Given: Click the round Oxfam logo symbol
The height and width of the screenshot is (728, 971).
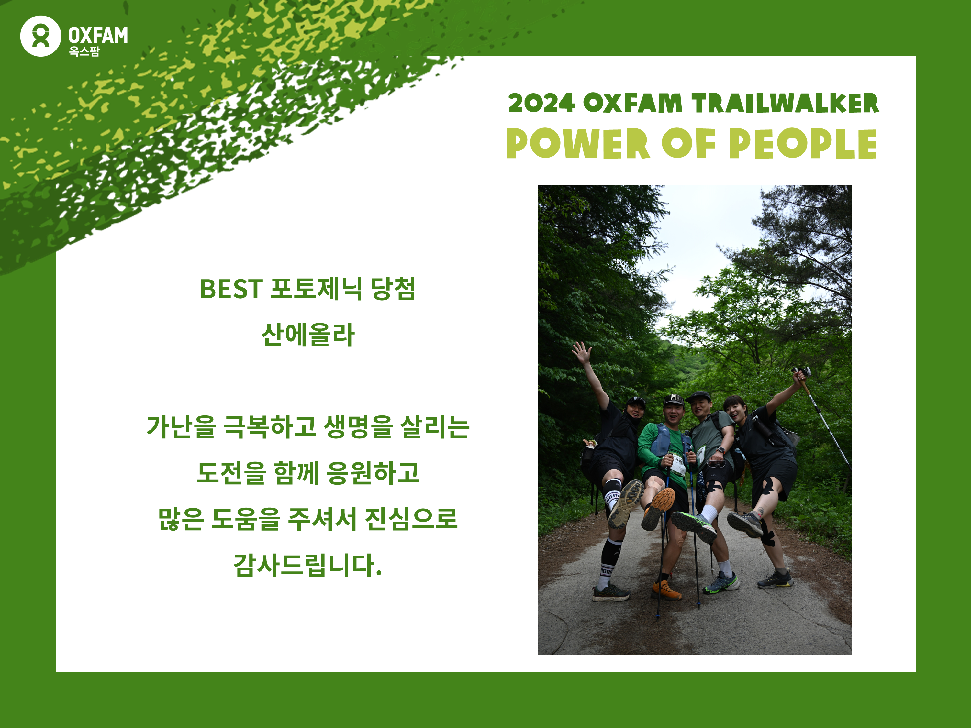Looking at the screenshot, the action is pyautogui.click(x=40, y=36).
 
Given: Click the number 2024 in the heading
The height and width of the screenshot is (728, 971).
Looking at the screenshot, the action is pyautogui.click(x=541, y=104).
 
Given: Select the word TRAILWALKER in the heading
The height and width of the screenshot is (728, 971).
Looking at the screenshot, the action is pyautogui.click(x=785, y=104).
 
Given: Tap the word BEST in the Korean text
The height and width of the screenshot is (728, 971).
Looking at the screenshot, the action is pyautogui.click(x=231, y=289).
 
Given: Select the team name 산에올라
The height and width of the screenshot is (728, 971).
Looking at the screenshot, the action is pyautogui.click(x=308, y=335).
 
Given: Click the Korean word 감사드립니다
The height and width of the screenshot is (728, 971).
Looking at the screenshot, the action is pyautogui.click(x=308, y=565).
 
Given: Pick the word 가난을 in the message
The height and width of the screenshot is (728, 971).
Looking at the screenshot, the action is pyautogui.click(x=181, y=427).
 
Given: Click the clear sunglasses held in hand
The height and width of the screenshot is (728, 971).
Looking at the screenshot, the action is pyautogui.click(x=716, y=463).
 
